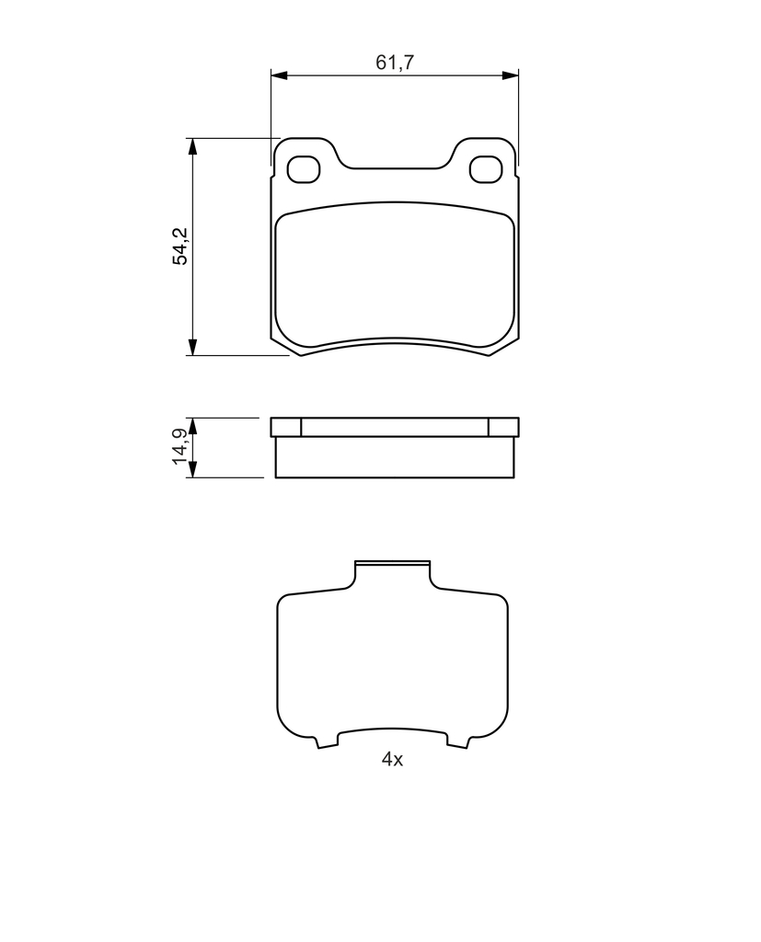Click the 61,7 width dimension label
[x=395, y=62]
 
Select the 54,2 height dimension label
[x=180, y=247]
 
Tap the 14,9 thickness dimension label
[x=180, y=446]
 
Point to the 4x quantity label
[x=392, y=759]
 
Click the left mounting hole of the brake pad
[x=303, y=169]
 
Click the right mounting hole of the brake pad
[x=486, y=169]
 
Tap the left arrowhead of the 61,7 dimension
[x=280, y=75]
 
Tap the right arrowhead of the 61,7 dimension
[x=510, y=75]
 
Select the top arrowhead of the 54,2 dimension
[x=192, y=147]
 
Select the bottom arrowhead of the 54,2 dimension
[x=192, y=347]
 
